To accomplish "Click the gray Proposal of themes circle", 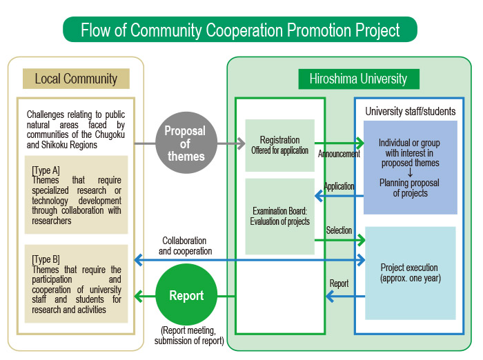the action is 186,143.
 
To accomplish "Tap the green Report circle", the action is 186,294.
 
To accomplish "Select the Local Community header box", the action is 76,79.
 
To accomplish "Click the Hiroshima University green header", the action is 359,79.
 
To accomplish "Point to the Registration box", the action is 279,145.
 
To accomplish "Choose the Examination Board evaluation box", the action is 279,216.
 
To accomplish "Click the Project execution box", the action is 411,273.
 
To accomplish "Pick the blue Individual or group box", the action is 411,167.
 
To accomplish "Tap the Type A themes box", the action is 76,194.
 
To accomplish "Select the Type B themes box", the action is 76,283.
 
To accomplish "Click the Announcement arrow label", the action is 339,154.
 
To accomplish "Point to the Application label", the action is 339,186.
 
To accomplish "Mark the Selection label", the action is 339,230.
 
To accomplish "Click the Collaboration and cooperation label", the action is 185,246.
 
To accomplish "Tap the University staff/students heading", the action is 411,111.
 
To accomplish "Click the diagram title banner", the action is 240,29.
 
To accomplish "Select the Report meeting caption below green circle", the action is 189,335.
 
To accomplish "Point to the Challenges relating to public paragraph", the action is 76,130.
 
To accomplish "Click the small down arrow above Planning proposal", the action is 410,173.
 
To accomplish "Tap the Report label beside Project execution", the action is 339,283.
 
